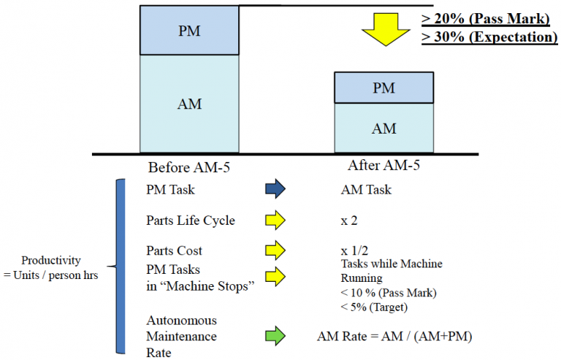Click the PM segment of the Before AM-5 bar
(189, 31)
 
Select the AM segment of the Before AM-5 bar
(189, 104)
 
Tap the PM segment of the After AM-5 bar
(383, 88)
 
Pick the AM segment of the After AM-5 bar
(383, 128)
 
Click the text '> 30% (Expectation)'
(489, 37)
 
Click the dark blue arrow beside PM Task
(275, 190)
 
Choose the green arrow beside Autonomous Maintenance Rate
(275, 337)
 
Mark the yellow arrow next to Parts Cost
(275, 250)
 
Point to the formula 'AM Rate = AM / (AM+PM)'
(392, 337)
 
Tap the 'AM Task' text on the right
(366, 190)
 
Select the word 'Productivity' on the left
(51, 260)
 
